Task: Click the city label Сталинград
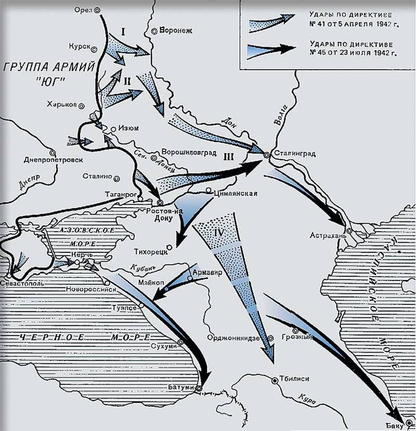coord(295,154)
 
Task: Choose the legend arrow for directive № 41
coord(271,21)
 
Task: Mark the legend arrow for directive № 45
coord(271,49)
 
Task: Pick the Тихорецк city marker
coord(169,247)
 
